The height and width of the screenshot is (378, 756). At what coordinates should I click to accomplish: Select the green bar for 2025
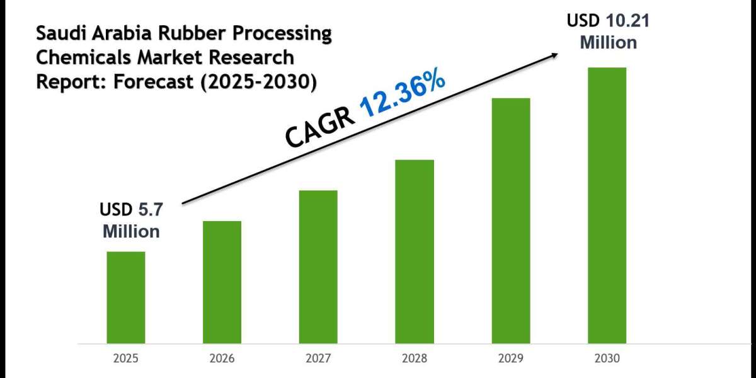tap(125, 297)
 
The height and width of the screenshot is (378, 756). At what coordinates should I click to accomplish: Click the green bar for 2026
tap(222, 282)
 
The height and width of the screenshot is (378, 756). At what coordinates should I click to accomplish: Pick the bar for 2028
tap(415, 251)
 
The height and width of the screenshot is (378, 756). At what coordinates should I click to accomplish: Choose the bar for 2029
tap(511, 220)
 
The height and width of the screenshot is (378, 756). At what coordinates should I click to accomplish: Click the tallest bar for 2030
tap(607, 205)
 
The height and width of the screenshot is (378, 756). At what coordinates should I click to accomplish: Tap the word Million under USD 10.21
tap(608, 43)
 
